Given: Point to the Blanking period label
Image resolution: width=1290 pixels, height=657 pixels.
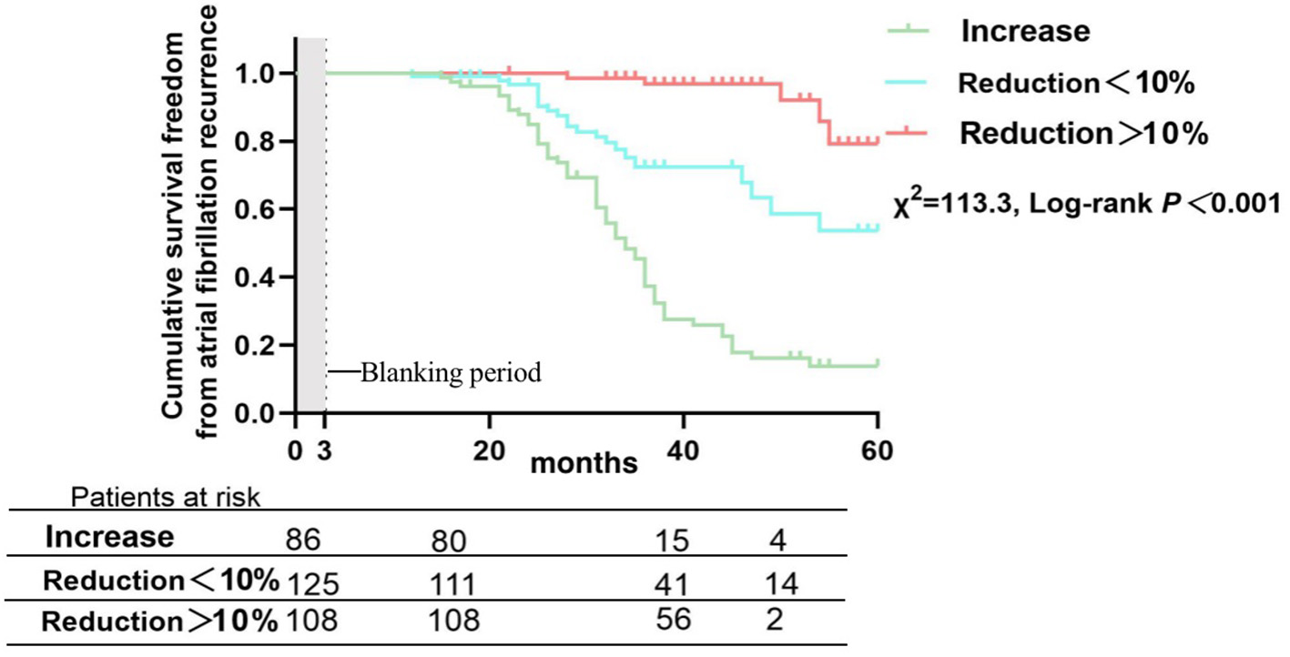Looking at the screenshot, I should tap(451, 373).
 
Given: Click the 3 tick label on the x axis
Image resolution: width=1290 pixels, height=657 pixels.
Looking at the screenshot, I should tap(325, 451).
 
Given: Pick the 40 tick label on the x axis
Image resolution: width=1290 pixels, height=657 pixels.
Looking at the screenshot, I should tap(684, 451).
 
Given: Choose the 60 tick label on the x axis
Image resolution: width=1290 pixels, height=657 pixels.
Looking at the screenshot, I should tap(877, 451).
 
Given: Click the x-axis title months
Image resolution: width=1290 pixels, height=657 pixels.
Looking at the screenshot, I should tap(584, 463).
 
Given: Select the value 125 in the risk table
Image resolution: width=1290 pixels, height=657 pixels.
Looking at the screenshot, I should tap(311, 581).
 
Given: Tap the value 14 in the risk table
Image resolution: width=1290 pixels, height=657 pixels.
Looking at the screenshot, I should tap(781, 583).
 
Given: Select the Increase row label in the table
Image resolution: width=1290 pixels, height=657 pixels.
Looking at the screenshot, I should tap(110, 537).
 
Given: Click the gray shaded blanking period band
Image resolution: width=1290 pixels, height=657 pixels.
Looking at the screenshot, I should tap(311, 227).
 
